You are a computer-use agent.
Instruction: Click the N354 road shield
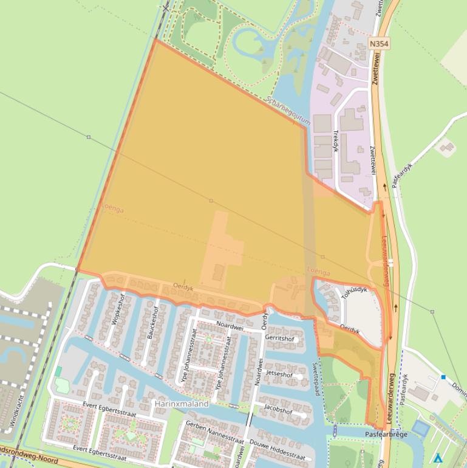(x=379, y=44)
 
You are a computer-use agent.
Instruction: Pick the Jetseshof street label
(x=279, y=374)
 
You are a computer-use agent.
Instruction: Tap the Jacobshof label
(x=278, y=411)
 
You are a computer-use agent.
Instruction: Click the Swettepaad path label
(x=316, y=379)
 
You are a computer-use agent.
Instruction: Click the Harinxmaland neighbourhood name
(x=181, y=404)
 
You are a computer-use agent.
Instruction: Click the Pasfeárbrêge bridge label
(x=387, y=434)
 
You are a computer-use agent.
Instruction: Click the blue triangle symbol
(x=438, y=458)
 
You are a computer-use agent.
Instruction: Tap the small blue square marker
(x=443, y=377)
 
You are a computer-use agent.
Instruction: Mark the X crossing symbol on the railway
(x=166, y=7)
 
